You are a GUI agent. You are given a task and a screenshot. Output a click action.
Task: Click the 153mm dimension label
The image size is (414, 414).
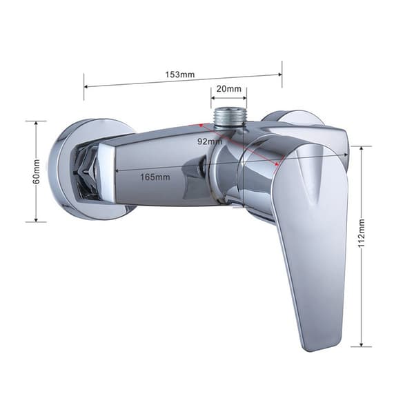pos(180,75)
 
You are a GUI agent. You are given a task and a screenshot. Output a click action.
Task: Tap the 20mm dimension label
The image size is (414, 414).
pos(228,89)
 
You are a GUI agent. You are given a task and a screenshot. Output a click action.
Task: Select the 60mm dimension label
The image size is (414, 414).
pos(37,172)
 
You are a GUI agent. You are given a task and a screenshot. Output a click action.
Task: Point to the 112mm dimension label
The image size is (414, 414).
pos(362,233)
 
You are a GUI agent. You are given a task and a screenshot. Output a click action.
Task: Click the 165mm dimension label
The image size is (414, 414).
pos(155,177)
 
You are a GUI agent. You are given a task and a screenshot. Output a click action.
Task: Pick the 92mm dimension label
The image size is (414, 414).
pos(210,141)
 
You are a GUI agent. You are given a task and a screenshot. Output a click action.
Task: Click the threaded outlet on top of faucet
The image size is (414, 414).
pos(228,119)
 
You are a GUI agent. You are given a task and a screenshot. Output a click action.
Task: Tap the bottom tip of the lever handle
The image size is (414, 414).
pos(312,351)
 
